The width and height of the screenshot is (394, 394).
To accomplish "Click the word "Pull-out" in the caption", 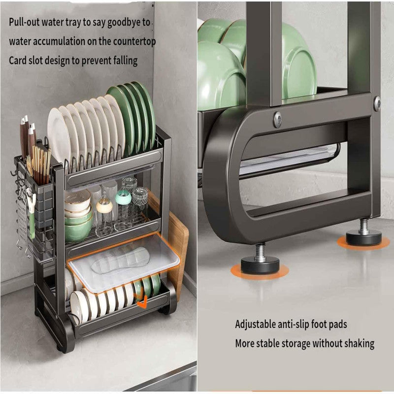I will [26, 23].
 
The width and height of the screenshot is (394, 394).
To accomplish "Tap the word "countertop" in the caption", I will [132, 42].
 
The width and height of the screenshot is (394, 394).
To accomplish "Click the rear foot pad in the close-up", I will [363, 237].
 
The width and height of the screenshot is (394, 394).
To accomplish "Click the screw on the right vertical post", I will [377, 103].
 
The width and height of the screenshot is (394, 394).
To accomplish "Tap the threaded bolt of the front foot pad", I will [260, 251].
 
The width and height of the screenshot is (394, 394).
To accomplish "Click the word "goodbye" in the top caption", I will [123, 23].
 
